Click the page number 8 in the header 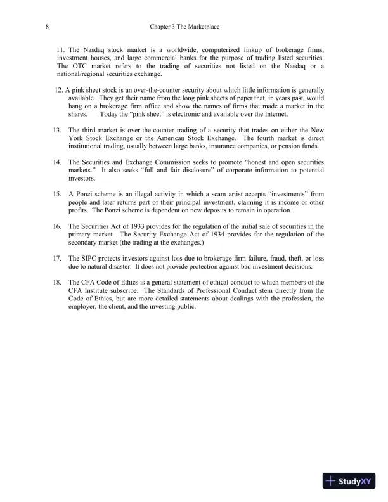48,27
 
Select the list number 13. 56,130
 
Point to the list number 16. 56,226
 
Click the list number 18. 56,282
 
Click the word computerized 228,50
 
